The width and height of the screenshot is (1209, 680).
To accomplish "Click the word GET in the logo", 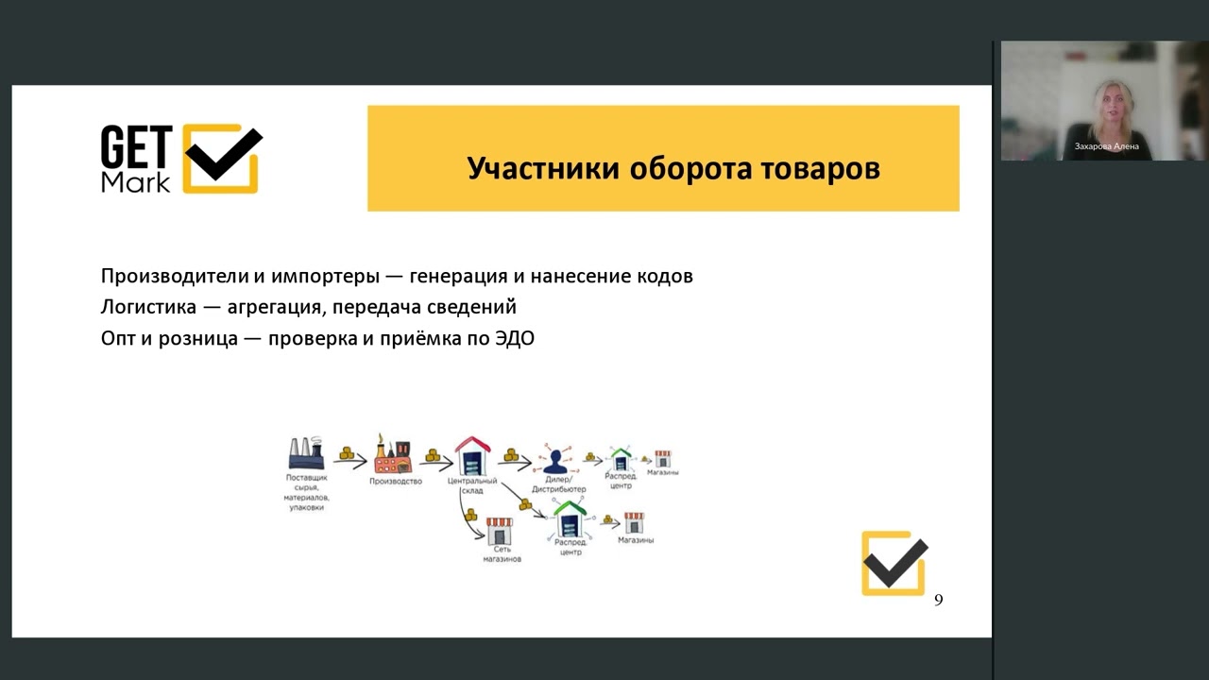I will tap(136, 148).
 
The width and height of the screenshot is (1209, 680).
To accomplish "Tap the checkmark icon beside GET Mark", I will tap(222, 158).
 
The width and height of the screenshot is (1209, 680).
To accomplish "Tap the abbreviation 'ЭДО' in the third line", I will tap(514, 338).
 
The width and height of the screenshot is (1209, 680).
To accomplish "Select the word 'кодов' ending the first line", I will tap(665, 277).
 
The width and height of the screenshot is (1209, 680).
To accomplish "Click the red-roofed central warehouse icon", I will tap(472, 456).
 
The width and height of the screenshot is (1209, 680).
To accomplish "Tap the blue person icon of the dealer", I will tap(553, 462).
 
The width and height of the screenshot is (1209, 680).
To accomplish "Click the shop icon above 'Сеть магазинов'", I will tap(499, 530).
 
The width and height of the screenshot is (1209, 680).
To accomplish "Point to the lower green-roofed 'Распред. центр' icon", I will tap(570, 519).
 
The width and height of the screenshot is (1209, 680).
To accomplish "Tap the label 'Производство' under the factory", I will tap(395, 482).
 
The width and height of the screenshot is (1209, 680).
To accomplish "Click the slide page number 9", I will tap(938, 601).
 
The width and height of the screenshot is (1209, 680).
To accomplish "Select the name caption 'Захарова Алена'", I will tap(1106, 146).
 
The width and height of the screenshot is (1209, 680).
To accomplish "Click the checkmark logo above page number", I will tap(894, 563).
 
